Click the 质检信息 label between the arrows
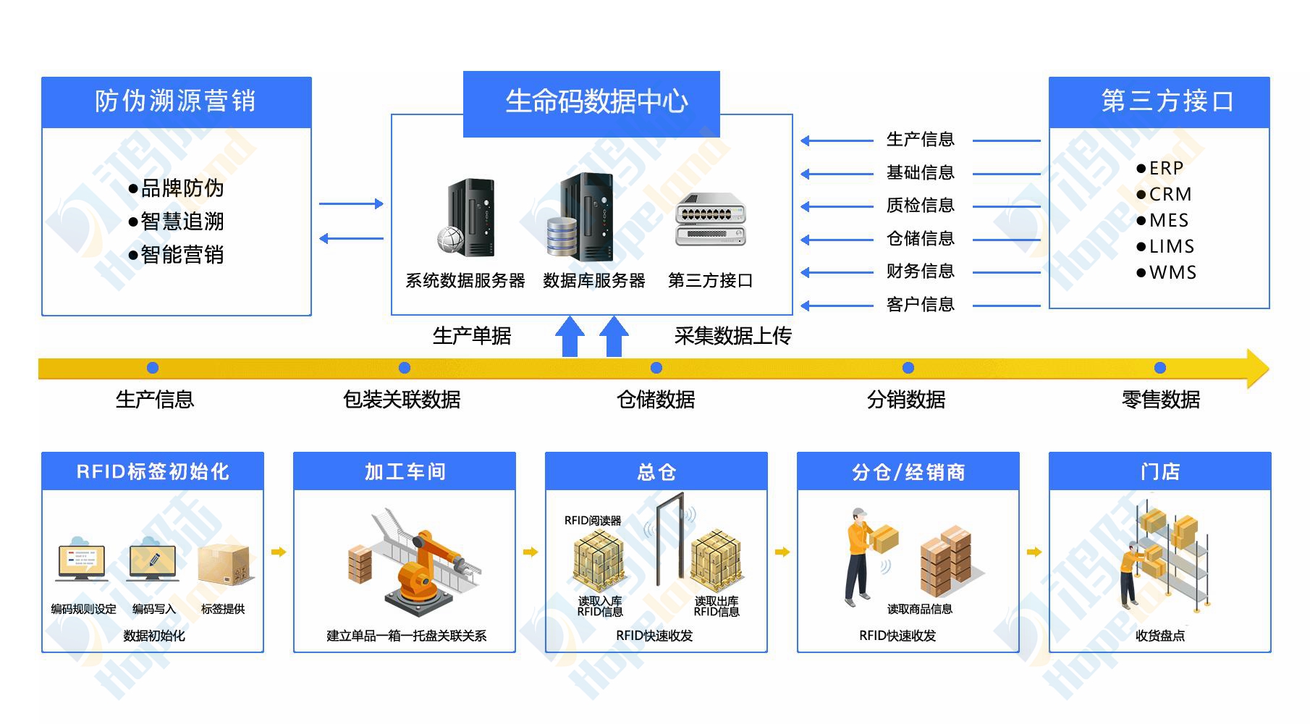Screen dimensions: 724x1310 tap(920, 206)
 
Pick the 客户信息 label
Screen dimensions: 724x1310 tap(920, 305)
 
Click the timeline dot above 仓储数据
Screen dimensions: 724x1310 tap(656, 369)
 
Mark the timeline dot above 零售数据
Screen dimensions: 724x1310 tap(1160, 369)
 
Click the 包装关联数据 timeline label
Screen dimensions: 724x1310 tap(402, 400)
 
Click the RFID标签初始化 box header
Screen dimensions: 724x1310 tap(153, 472)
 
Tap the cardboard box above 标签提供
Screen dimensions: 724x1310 tap(224, 566)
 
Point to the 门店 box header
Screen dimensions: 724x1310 tap(1160, 472)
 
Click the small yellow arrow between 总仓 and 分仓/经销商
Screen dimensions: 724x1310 tap(782, 552)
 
